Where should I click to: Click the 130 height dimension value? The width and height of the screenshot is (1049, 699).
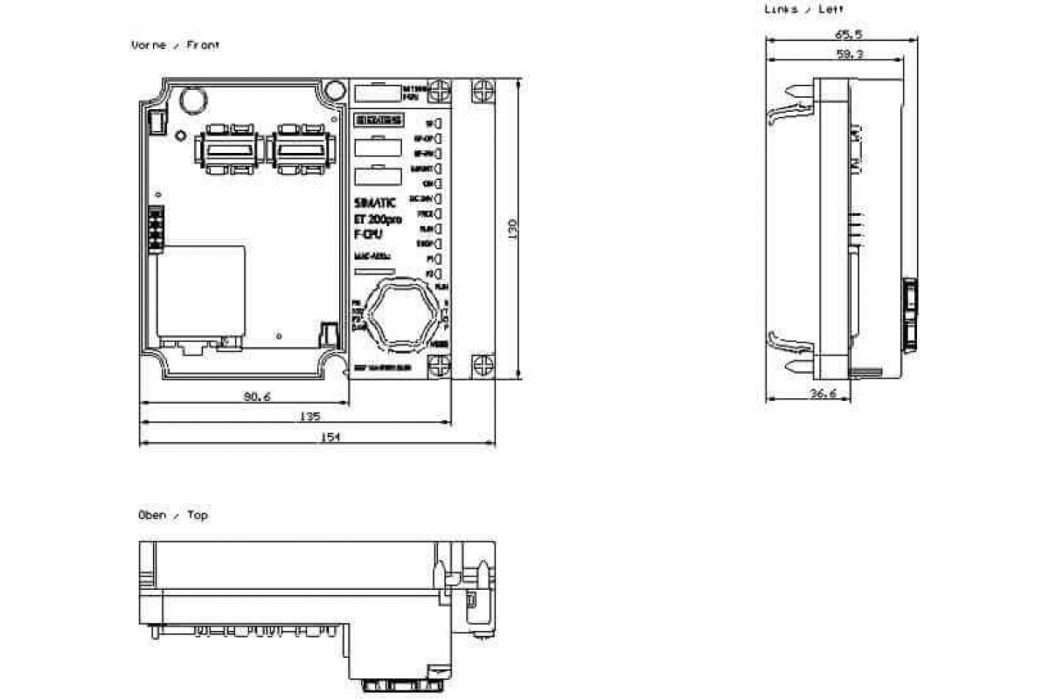coord(513,229)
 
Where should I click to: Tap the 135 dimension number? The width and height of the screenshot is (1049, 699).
coord(309,416)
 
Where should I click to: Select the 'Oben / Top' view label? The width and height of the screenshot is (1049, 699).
coord(173,516)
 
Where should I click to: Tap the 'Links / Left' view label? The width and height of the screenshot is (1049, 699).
coord(803,9)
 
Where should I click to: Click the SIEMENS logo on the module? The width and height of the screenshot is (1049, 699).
coord(377,121)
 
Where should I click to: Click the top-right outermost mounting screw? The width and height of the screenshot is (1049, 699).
coord(482,92)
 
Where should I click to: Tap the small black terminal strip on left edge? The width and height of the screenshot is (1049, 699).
coord(156,230)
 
